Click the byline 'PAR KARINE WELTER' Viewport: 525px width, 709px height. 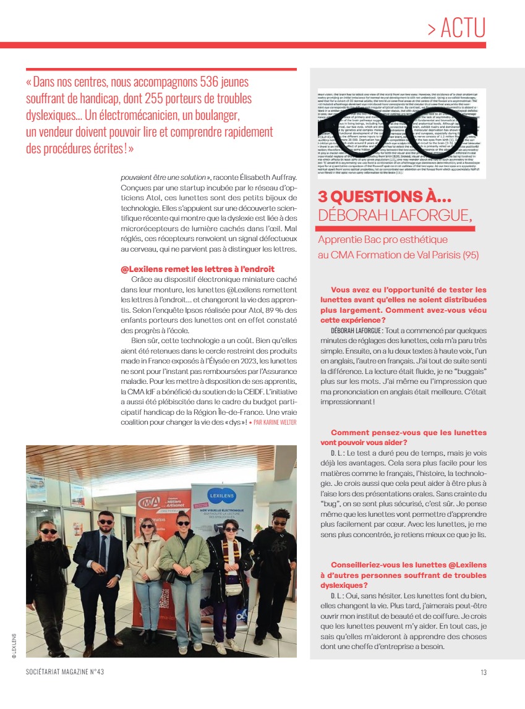click(x=275, y=422)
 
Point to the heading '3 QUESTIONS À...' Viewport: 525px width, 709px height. click(x=385, y=197)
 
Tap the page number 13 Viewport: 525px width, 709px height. click(x=483, y=673)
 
